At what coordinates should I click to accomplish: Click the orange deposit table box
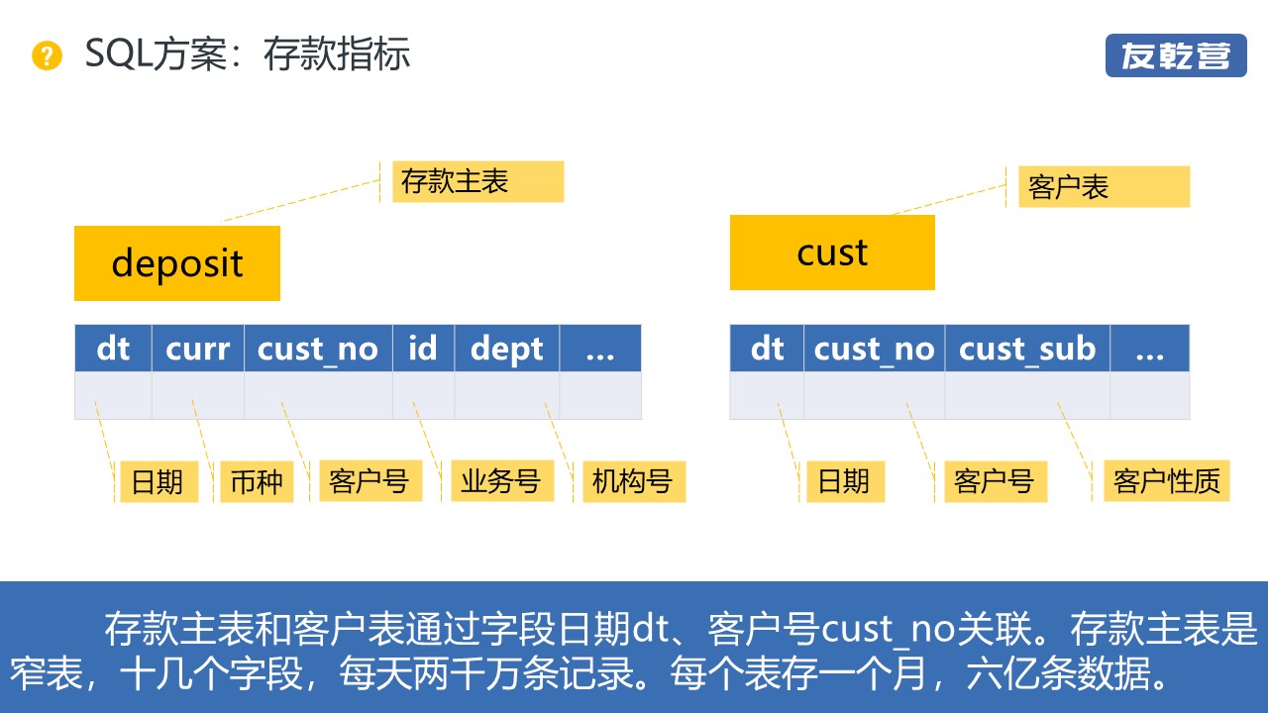point(177,263)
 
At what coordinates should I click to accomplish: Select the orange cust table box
point(832,253)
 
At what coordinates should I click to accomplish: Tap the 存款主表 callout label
point(477,182)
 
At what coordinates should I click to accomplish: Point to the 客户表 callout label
point(1103,187)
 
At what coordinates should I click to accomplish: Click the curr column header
point(197,349)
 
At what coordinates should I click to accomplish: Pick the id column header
point(423,349)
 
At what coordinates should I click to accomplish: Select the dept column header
point(506,349)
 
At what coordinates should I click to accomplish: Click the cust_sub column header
point(1027,349)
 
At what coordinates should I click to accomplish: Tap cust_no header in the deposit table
point(318,349)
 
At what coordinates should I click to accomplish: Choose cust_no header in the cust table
point(874,349)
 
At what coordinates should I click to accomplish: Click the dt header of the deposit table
point(113,349)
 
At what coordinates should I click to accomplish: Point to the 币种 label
point(257,482)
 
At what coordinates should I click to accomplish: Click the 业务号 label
point(500,481)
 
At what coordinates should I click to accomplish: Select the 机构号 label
point(633,481)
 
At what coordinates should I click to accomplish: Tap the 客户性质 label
point(1166,481)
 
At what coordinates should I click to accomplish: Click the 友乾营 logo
point(1175,55)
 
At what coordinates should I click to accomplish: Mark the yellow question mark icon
point(47,55)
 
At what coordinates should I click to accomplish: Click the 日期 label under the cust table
point(843,481)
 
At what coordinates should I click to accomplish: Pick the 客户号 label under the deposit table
point(370,481)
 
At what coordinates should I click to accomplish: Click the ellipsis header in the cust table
point(1149,349)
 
